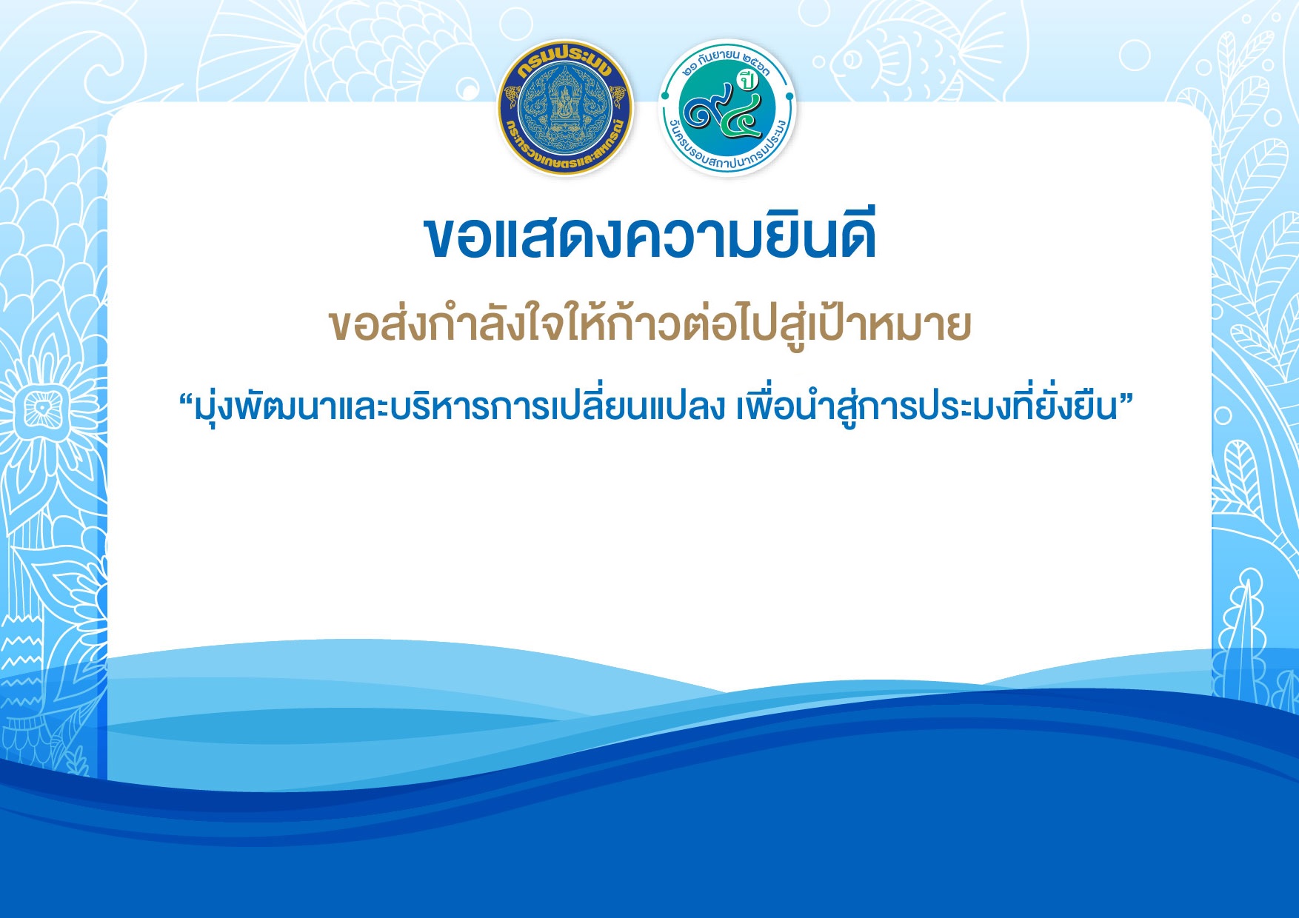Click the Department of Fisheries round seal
click(565, 107)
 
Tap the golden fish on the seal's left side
click(511, 97)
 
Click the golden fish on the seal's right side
click(619, 97)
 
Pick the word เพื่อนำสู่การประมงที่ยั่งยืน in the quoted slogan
click(926, 406)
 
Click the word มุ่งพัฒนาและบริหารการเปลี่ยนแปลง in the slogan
click(459, 406)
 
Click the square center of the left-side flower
click(41, 407)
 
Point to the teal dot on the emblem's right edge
click(789, 96)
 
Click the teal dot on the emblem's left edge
click(665, 96)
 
